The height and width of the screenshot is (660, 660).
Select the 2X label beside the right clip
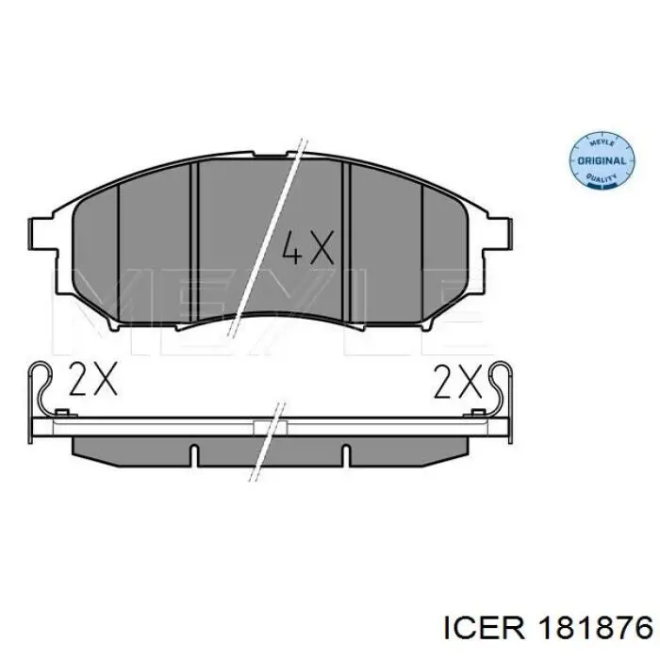tap(457, 381)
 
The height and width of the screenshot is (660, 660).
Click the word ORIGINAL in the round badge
tap(599, 161)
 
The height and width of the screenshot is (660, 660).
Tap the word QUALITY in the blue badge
tap(601, 177)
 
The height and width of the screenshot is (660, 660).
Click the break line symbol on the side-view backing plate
tap(273, 424)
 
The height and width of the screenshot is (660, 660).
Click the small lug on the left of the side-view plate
tap(62, 414)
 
